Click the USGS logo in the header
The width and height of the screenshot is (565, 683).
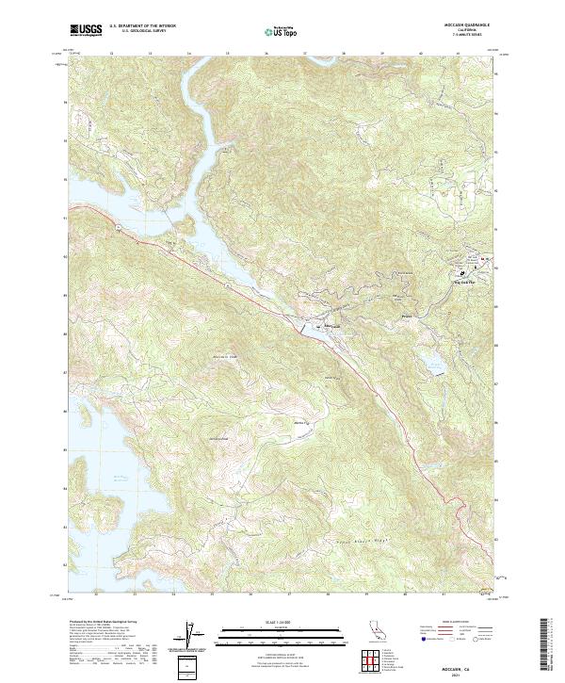click(86, 30)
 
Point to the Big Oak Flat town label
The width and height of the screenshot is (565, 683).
click(466, 279)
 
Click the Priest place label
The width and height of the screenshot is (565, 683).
click(407, 317)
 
